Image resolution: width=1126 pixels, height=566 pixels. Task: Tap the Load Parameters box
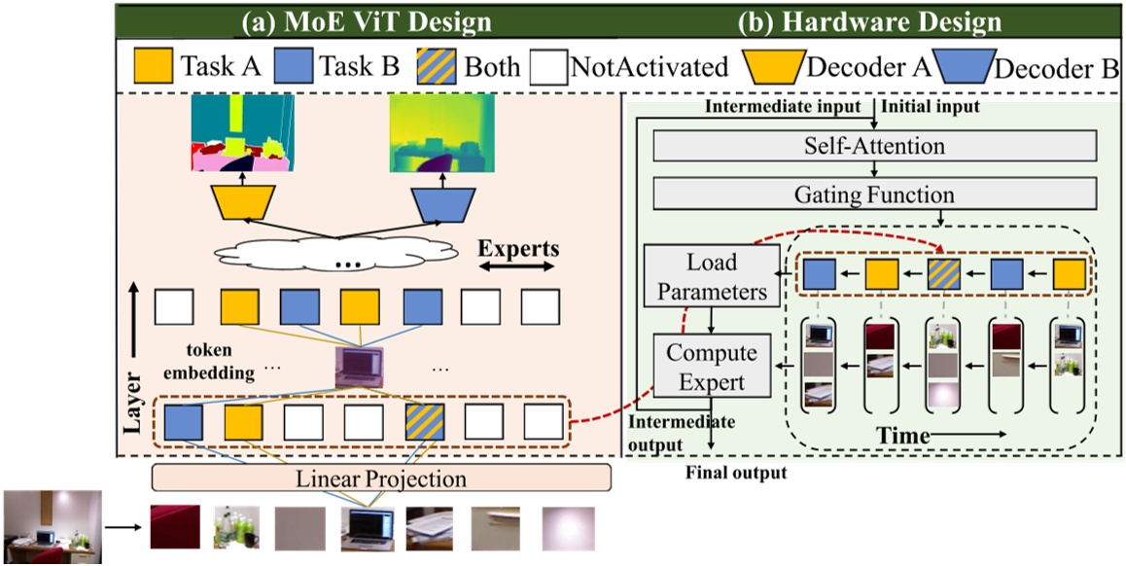[x=713, y=276]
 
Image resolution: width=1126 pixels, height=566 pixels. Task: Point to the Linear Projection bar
[x=381, y=478]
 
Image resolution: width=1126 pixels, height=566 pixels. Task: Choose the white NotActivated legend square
[x=549, y=67]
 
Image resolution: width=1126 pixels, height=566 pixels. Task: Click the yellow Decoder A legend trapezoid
[x=773, y=67]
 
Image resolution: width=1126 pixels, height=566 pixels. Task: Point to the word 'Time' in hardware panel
[x=903, y=435]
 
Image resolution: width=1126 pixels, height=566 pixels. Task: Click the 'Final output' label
[x=736, y=474]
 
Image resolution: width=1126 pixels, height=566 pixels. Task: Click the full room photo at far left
[x=51, y=526]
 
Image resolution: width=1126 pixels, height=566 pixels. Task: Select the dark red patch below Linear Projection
[x=175, y=528]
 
